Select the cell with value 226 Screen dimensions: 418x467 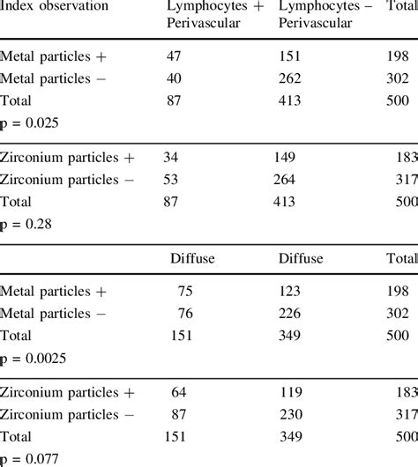(x=290, y=314)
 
